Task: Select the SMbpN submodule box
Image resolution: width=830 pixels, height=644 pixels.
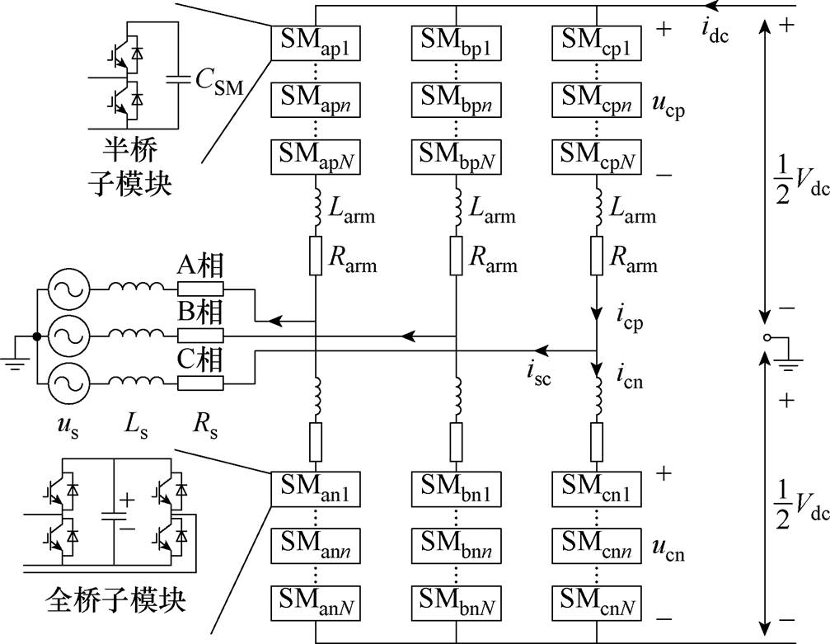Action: pyautogui.click(x=456, y=156)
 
